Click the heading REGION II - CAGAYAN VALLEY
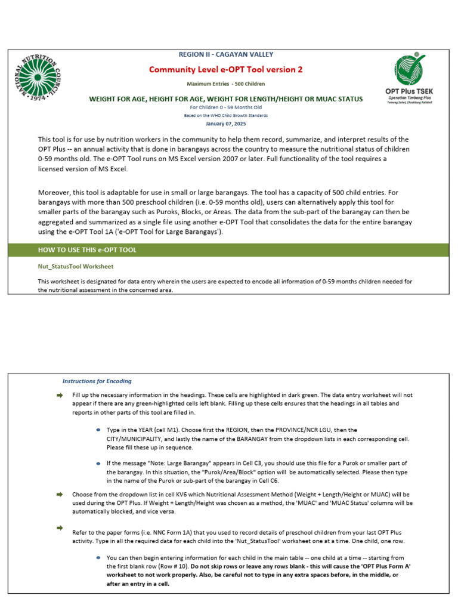coord(225,54)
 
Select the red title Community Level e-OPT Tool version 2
coord(225,70)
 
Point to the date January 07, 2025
coord(225,124)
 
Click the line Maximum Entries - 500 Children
coord(225,84)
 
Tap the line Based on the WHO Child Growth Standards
coord(225,115)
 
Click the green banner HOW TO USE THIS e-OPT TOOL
coord(88,250)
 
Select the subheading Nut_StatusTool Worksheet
coord(76,266)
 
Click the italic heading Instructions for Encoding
coord(97,381)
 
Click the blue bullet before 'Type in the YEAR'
coord(98,430)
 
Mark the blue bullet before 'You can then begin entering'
coord(98,557)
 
